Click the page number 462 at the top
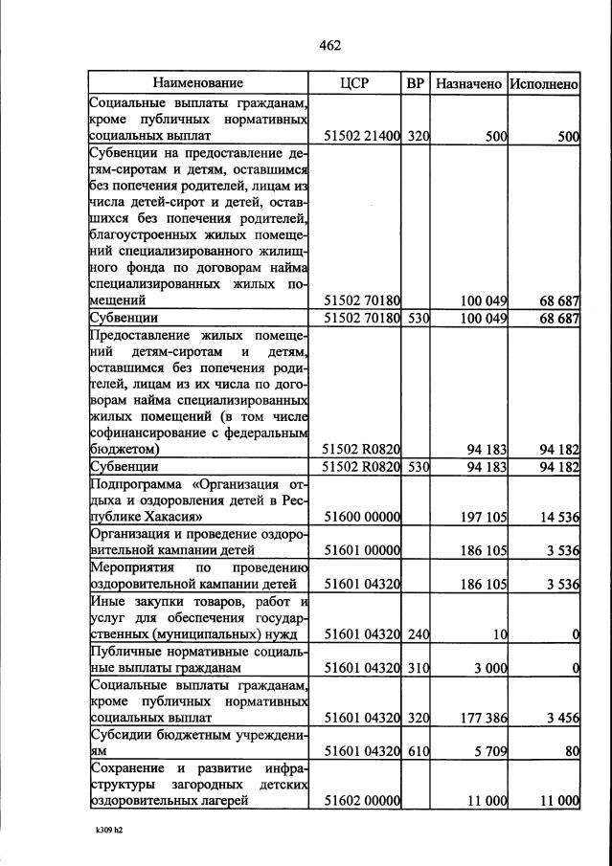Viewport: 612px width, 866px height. tap(329, 45)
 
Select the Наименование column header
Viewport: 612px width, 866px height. tap(198, 83)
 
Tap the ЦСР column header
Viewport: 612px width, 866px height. tap(354, 83)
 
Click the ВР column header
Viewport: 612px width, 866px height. tap(416, 83)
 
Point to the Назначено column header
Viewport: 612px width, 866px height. tap(468, 83)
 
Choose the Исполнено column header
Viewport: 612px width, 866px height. tap(544, 83)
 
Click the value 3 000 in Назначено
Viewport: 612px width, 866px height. tap(487, 668)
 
